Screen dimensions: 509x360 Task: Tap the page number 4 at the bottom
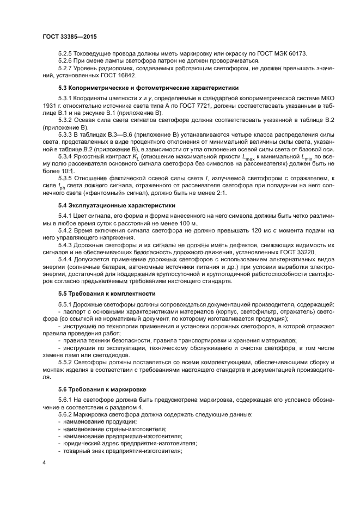[x=44, y=462]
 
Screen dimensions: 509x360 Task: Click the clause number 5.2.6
[x=65, y=60]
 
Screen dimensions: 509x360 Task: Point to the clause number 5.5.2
[x=65, y=361]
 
